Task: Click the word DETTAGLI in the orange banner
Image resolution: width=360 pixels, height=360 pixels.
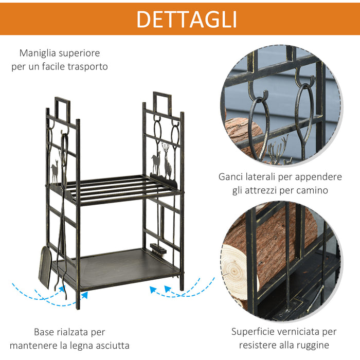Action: [186, 19]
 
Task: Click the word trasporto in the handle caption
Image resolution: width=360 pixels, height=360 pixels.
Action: [87, 67]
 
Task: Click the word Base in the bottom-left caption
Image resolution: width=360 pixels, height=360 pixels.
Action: [45, 332]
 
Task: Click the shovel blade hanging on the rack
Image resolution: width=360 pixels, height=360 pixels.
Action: [45, 265]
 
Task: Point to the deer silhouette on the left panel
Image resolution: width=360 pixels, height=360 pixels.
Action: [55, 171]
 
